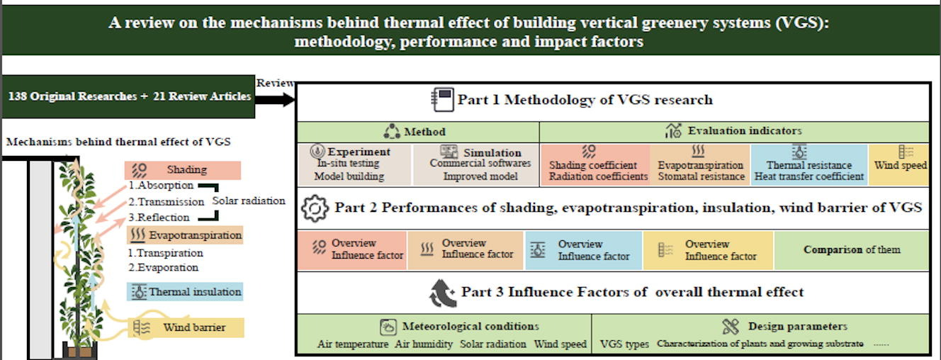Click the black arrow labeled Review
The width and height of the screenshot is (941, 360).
(x=275, y=99)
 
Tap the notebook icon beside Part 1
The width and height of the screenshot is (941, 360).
(x=442, y=99)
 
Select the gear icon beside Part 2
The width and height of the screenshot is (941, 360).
(x=315, y=208)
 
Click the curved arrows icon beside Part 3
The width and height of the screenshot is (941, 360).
(x=442, y=293)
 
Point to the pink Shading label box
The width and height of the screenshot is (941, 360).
(x=182, y=170)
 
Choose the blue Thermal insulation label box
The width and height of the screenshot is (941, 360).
(x=185, y=291)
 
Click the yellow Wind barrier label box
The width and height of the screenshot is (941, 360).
(x=185, y=327)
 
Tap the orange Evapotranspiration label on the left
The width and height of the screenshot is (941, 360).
(x=185, y=235)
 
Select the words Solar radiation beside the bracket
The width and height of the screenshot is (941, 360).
(x=249, y=201)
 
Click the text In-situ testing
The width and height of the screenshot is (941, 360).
(x=348, y=163)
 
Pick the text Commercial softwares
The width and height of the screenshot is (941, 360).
(x=480, y=163)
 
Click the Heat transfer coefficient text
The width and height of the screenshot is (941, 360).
(x=809, y=176)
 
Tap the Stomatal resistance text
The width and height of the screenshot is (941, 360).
(x=701, y=176)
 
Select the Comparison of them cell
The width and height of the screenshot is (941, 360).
(x=852, y=250)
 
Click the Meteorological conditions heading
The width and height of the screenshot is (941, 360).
(x=470, y=327)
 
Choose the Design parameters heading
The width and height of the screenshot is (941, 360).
(x=797, y=327)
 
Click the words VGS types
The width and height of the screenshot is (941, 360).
(x=624, y=344)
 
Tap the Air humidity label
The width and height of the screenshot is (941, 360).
(x=424, y=344)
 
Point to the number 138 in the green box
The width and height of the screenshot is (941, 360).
(x=18, y=96)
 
